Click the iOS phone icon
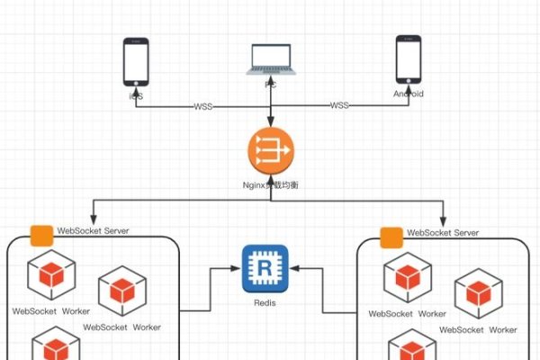136,62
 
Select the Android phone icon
409,61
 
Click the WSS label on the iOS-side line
204,106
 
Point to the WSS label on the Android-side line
339,106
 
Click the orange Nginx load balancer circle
272,149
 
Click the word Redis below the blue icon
265,303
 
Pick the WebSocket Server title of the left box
93,231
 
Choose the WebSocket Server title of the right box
443,232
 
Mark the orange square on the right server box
391,237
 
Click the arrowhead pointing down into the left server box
99,220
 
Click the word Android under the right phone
409,94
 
